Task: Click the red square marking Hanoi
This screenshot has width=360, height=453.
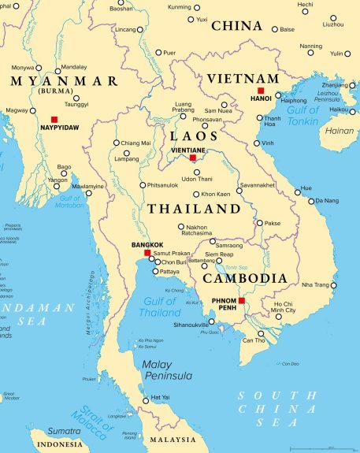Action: coord(261,91)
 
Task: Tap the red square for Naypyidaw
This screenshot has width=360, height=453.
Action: coord(54,119)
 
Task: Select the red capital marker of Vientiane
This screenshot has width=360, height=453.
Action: coord(192,158)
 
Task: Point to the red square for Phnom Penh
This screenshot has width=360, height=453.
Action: coord(242,301)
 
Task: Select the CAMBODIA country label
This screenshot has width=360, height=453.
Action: coord(245,278)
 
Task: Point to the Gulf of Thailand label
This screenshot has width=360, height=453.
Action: coord(160,308)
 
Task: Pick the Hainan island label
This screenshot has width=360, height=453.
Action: coord(340,131)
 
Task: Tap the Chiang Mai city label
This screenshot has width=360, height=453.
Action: coord(136,143)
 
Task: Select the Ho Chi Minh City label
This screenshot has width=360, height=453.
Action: coord(284,307)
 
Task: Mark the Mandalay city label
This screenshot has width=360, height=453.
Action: coord(73,67)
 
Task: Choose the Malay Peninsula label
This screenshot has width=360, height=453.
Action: coord(167,370)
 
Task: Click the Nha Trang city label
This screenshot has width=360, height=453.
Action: coord(316,285)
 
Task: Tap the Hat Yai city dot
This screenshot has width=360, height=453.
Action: coord(145,401)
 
